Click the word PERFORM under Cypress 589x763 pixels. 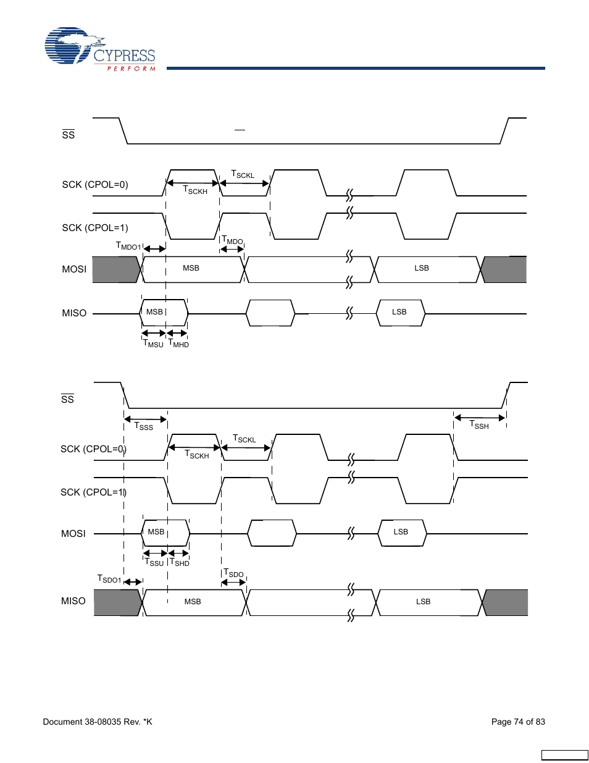coord(131,69)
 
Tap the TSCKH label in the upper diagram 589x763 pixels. coord(195,190)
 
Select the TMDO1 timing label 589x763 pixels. coord(128,246)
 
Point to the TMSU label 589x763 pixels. coord(153,344)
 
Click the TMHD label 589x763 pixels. coord(179,344)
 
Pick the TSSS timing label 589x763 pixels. coord(144,426)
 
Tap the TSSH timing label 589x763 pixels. coord(479,425)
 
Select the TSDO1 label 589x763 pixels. coord(109,579)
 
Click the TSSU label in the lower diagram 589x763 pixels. coord(154,562)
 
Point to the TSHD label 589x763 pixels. coord(180,562)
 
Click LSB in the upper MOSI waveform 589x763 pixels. coord(422,268)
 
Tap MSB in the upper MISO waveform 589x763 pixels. coord(154,312)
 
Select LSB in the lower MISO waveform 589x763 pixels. coord(423,602)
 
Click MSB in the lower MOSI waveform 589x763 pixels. coord(156,532)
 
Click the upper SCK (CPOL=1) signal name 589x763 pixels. coord(95,228)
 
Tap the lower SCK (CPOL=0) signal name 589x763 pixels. coord(93,449)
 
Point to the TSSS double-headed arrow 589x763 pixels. coord(146,419)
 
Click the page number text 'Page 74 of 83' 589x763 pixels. coord(518,722)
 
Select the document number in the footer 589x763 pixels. coord(98,722)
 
